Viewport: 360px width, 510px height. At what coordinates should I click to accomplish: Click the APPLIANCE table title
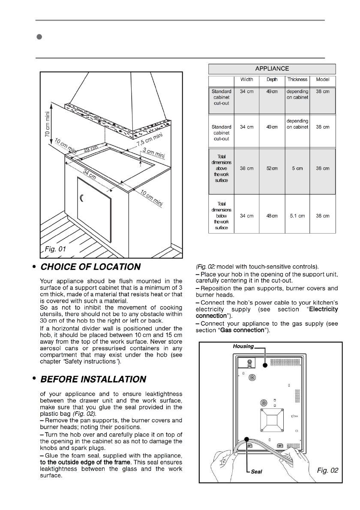pos(272,69)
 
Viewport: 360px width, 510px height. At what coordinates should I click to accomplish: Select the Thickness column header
pos(297,80)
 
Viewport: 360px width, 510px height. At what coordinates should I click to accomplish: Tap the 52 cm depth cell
pos(272,168)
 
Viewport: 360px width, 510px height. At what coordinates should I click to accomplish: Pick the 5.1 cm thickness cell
pos(297,216)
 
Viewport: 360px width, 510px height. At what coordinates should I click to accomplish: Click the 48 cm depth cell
pos(272,216)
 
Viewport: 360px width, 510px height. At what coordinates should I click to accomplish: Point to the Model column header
pos(322,80)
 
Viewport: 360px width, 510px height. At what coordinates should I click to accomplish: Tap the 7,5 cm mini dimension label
pos(150,140)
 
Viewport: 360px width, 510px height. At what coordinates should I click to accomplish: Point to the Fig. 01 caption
pos(56,249)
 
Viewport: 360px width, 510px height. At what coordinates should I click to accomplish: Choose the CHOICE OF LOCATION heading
pos(90,267)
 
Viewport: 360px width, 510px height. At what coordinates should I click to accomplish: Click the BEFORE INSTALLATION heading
pos(93,380)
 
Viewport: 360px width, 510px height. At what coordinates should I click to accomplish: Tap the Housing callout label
pos(243,346)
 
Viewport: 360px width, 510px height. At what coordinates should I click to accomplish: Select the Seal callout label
pos(256,471)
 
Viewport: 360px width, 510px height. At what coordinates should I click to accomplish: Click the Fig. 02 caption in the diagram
pos(327,471)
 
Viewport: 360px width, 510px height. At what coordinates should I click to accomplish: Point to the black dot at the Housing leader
pos(265,366)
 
